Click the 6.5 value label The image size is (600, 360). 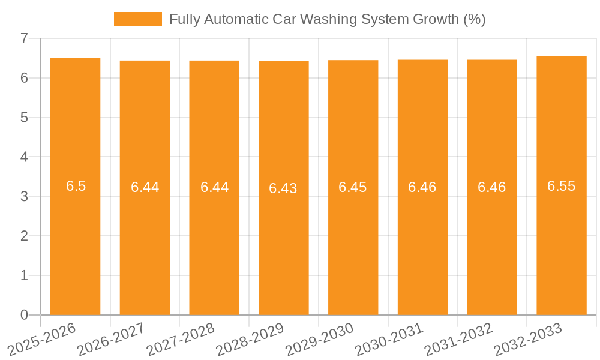pyautogui.click(x=76, y=186)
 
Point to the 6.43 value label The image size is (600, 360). pyautogui.click(x=283, y=188)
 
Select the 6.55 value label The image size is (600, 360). pyautogui.click(x=561, y=186)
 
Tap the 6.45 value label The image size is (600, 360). pyautogui.click(x=353, y=187)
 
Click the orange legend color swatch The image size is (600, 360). pyautogui.click(x=138, y=19)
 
